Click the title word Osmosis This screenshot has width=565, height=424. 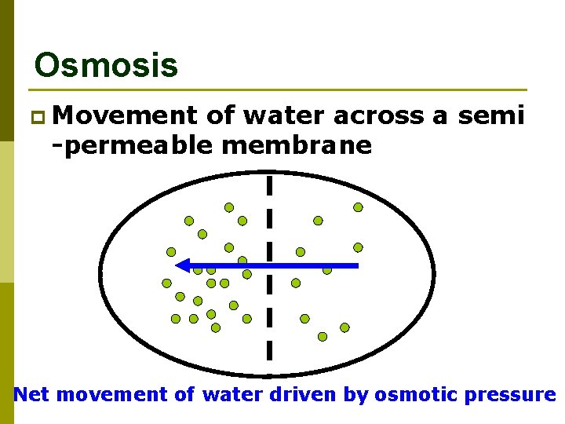107,65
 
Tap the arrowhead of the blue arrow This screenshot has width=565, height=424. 183,265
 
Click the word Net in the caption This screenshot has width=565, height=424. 32,394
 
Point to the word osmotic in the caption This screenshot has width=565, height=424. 415,394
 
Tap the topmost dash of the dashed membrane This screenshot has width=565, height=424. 269,185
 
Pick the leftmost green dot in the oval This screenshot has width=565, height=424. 166,283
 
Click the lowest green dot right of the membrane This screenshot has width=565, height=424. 323,336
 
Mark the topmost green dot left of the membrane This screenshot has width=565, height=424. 229,207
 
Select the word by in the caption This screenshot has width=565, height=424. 355,394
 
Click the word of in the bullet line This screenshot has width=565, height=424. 221,116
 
